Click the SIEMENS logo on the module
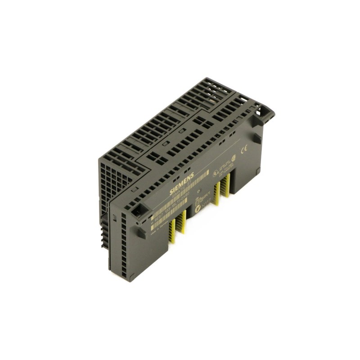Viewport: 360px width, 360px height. [x=182, y=184]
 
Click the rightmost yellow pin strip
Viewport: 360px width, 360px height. [x=227, y=184]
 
